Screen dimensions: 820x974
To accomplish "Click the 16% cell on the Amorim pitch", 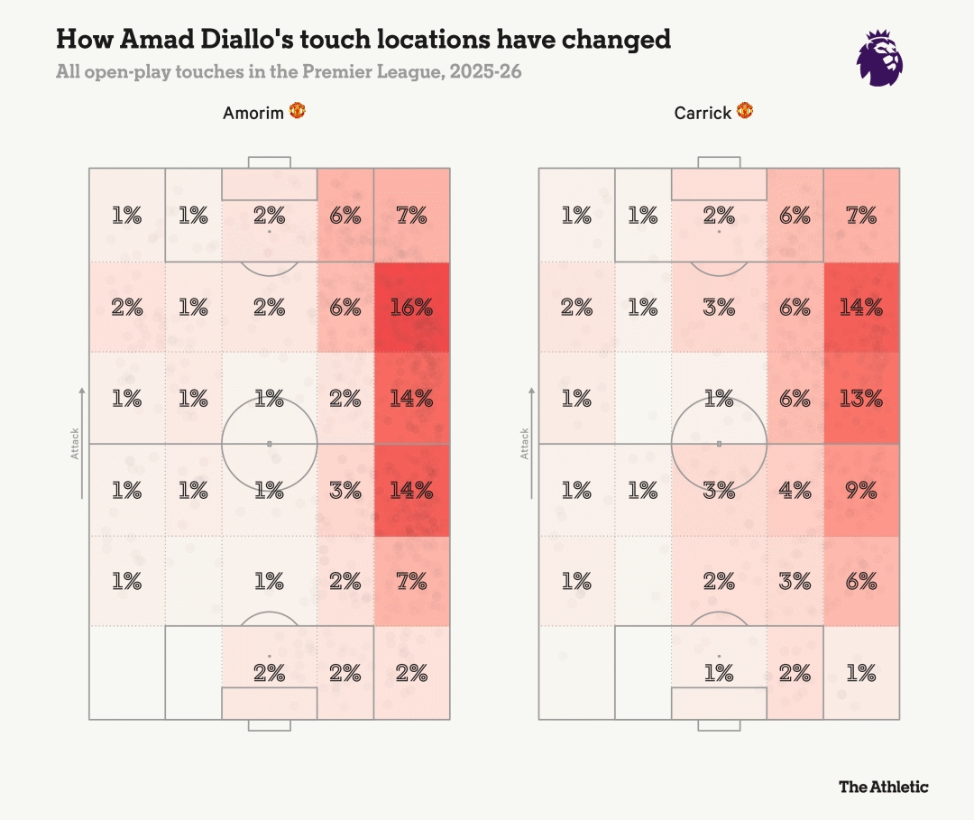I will (x=411, y=307).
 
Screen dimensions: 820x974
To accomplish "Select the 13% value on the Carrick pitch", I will (x=861, y=398).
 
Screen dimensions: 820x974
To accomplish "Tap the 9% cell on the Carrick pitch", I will (x=861, y=490).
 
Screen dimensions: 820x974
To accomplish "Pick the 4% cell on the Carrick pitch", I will (x=795, y=490).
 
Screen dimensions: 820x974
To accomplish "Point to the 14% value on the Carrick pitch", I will (x=861, y=307).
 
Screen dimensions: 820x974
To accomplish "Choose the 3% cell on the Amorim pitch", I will (x=345, y=490).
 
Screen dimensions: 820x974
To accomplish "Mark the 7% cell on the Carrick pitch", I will (x=861, y=215).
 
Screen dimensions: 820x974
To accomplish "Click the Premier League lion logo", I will (x=880, y=58).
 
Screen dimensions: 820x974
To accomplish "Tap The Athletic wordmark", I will (x=883, y=787).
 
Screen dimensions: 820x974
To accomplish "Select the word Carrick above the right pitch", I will (x=703, y=114).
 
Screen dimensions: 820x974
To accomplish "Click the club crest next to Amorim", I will (x=298, y=111).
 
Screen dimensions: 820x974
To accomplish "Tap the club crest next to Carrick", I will (x=745, y=111).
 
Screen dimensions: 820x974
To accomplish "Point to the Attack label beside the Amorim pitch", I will (x=76, y=443).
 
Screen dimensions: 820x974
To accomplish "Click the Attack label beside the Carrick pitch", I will (x=525, y=443).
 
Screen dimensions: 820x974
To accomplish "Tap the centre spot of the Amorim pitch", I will (x=269, y=444).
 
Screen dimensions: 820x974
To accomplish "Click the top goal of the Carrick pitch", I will (x=719, y=163).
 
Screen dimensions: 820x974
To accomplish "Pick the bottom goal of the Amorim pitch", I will (x=269, y=725).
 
